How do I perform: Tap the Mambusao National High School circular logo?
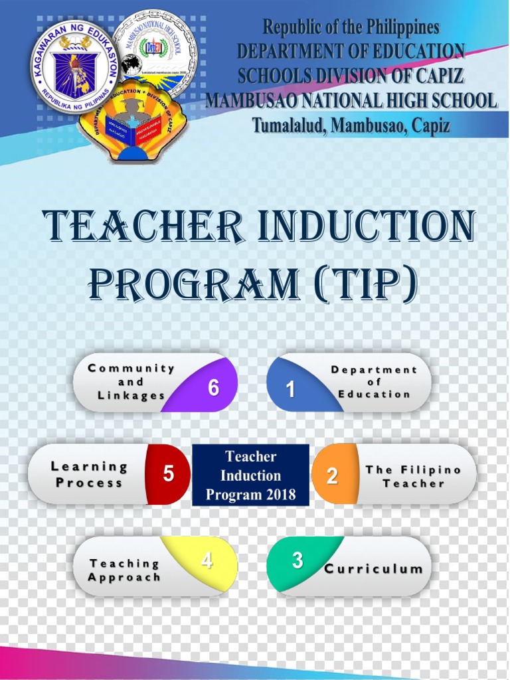tap(154, 52)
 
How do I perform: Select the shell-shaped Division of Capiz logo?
tap(133, 124)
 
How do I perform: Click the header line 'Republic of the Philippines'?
tap(351, 27)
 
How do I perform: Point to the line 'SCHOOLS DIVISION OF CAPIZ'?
tap(351, 76)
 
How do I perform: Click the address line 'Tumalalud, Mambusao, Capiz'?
tap(351, 125)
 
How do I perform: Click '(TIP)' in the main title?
tap(365, 284)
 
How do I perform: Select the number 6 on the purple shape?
tap(213, 388)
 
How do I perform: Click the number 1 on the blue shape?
tap(290, 390)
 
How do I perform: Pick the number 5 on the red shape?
tap(169, 474)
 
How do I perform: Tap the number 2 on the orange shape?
tap(332, 475)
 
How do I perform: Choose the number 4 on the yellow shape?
tap(207, 561)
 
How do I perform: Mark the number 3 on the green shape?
tap(297, 561)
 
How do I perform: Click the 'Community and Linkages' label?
tap(131, 382)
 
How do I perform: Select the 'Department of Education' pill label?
tap(374, 382)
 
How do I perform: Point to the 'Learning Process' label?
tap(89, 475)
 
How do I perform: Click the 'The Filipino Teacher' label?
tap(413, 476)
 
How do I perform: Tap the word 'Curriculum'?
tap(373, 569)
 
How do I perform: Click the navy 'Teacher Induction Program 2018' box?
tap(251, 475)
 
